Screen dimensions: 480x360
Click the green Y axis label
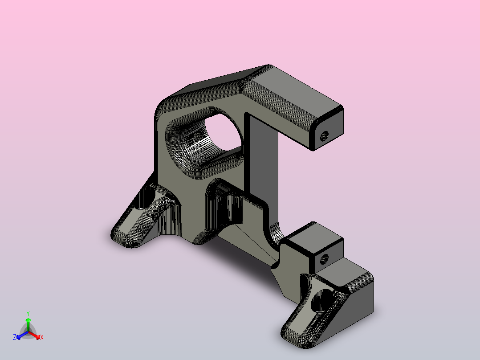[28, 313]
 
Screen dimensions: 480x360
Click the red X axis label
[42, 337]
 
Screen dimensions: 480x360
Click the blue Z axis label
[15, 337]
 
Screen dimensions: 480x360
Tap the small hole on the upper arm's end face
[324, 136]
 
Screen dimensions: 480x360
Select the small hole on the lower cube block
[324, 259]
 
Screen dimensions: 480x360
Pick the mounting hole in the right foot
[321, 300]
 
